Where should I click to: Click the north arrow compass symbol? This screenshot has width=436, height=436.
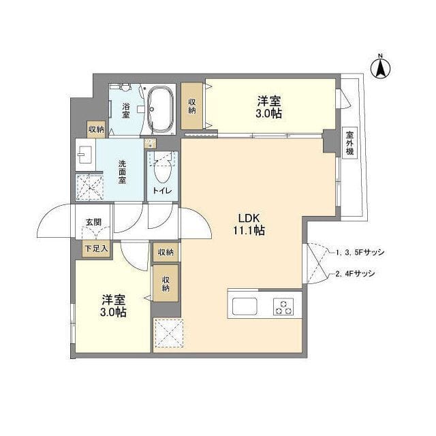coord(381,67)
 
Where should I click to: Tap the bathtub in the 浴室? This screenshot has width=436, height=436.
coord(161,110)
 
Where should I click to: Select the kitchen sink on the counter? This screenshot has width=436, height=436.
coord(244,306)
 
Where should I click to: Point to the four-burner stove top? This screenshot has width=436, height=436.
coord(284,306)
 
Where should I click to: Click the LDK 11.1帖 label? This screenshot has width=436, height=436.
coord(250,224)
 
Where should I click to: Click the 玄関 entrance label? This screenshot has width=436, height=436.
coord(93,221)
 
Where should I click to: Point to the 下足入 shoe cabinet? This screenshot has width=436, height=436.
coord(96,249)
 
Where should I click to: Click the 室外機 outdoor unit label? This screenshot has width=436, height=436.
coord(349,143)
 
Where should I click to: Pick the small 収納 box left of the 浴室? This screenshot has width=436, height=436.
coord(96,129)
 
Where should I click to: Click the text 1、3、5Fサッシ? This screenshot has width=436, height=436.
coord(360,252)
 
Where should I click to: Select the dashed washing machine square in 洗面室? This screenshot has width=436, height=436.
coord(89,187)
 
